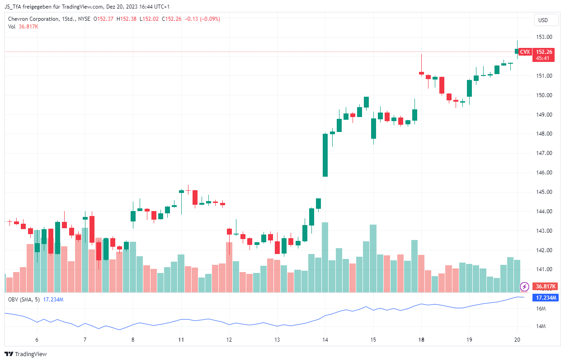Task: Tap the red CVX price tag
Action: point(525,52)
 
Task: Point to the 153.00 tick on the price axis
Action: point(544,37)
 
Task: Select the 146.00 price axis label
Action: point(544,173)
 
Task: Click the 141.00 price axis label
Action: point(544,269)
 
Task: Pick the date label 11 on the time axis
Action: point(181,340)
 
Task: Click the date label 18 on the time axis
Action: point(421,340)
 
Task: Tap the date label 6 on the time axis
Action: point(37,340)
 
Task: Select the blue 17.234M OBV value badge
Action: point(546,298)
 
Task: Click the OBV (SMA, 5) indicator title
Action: point(24,300)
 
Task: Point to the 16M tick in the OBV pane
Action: point(541,309)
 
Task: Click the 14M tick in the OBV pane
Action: point(541,326)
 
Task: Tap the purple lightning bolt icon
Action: point(525,287)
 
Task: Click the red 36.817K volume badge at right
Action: point(545,287)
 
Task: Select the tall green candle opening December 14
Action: point(325,155)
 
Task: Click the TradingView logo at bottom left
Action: point(26,354)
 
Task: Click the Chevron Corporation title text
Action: point(33,19)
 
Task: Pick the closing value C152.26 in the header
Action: point(171,19)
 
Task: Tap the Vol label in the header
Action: point(12,27)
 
